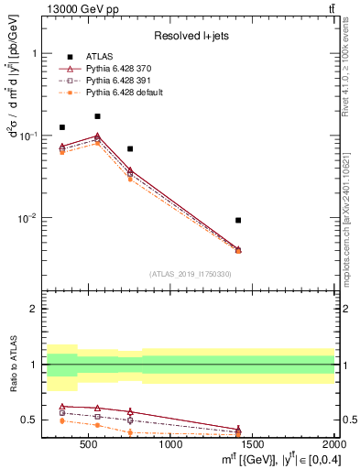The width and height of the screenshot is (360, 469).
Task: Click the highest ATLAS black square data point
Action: (97, 116)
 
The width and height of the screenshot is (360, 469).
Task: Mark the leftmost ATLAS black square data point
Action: (62, 127)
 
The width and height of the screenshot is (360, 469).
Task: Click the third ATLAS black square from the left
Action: (130, 148)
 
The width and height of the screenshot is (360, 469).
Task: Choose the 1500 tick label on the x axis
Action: (254, 444)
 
